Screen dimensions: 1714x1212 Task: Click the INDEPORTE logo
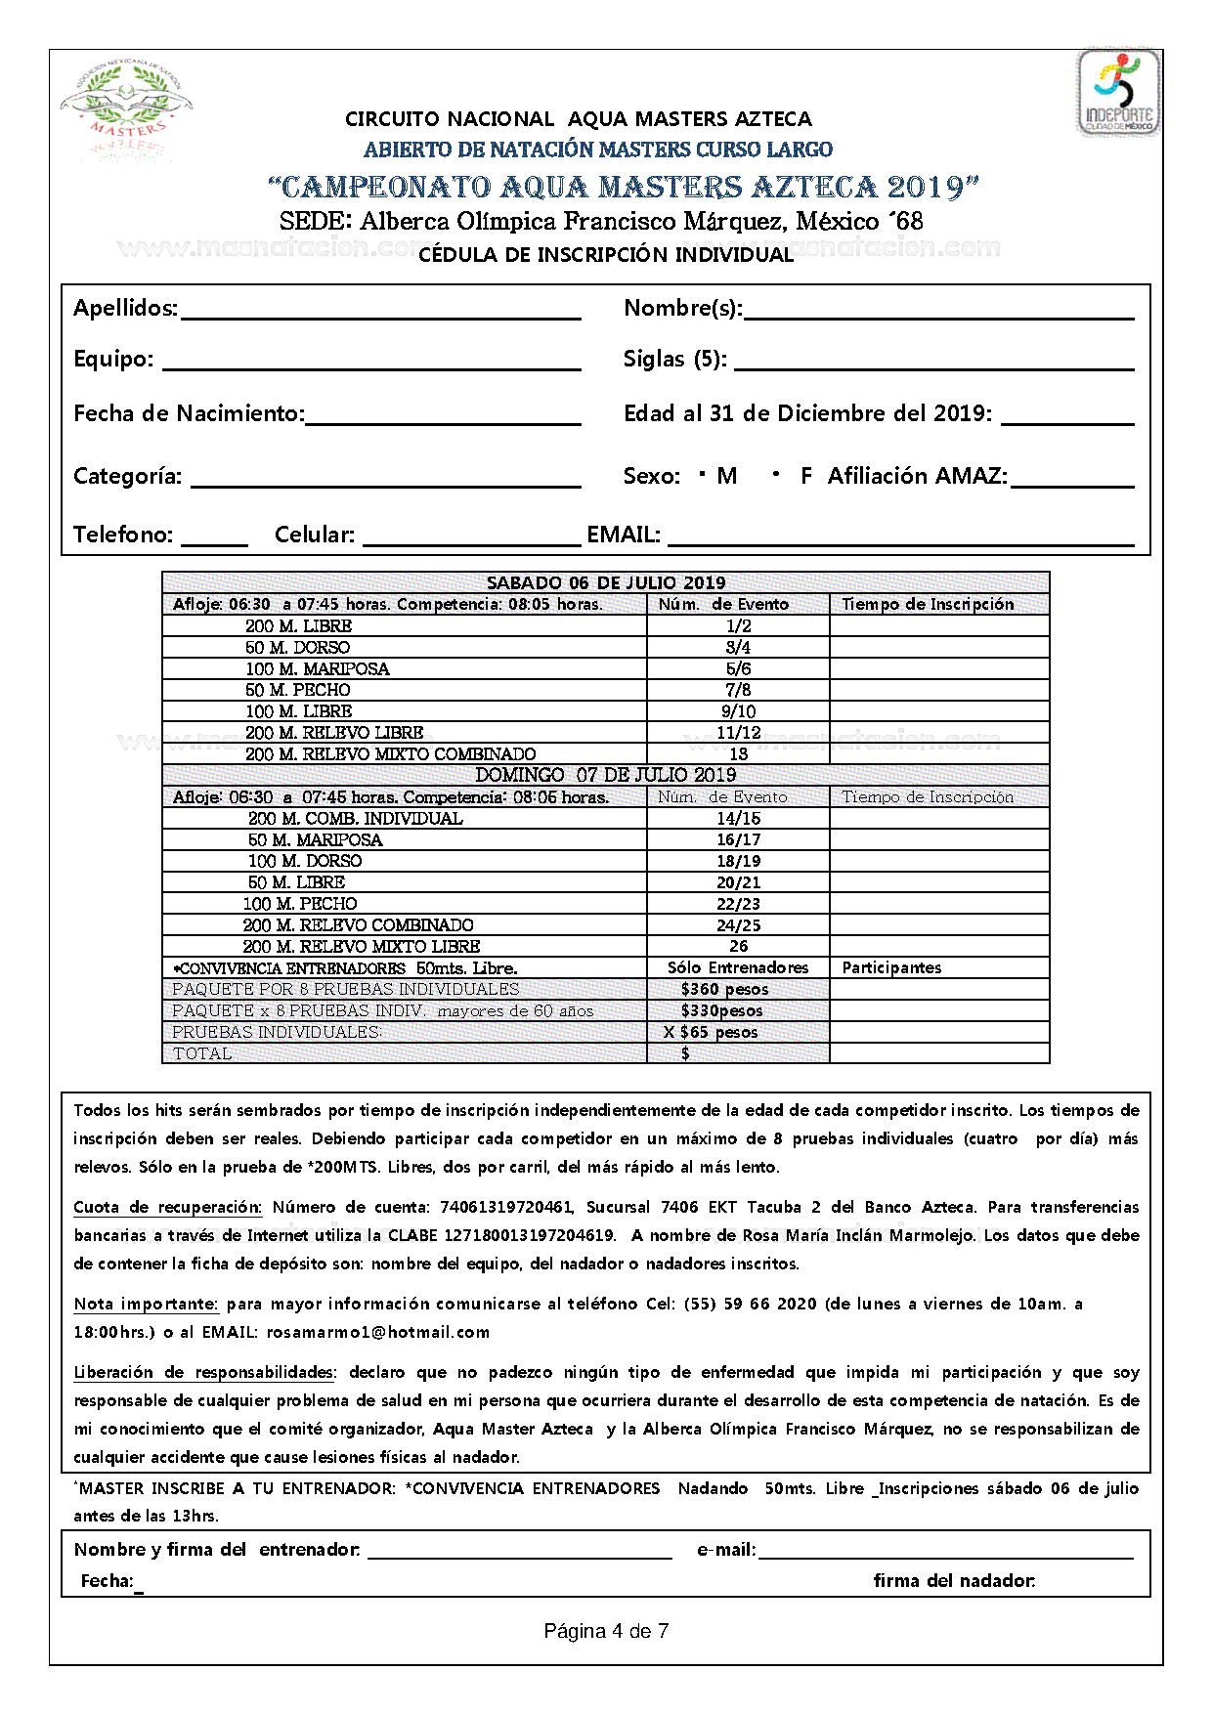[1118, 94]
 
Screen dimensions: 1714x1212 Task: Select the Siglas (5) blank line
[933, 365]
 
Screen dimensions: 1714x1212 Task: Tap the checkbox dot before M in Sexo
[703, 475]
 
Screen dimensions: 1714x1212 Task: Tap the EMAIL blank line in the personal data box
[899, 540]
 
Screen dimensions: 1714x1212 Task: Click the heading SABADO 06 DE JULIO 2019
[605, 582]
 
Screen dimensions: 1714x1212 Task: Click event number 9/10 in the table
[738, 711]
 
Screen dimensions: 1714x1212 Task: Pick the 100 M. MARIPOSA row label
[317, 668]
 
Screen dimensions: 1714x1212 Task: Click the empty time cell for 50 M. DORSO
[938, 647]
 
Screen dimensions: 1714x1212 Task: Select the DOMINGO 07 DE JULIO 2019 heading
[605, 775]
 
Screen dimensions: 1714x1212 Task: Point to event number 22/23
[738, 904]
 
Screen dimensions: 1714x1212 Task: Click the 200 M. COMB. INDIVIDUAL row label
[355, 818]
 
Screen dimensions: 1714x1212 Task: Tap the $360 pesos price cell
[724, 989]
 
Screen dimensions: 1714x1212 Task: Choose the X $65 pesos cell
[711, 1032]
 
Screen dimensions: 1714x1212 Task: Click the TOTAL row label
[202, 1053]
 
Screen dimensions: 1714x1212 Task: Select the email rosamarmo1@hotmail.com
[377, 1332]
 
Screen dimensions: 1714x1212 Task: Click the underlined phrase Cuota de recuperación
[167, 1207]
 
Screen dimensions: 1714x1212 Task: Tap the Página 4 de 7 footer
[606, 1631]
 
